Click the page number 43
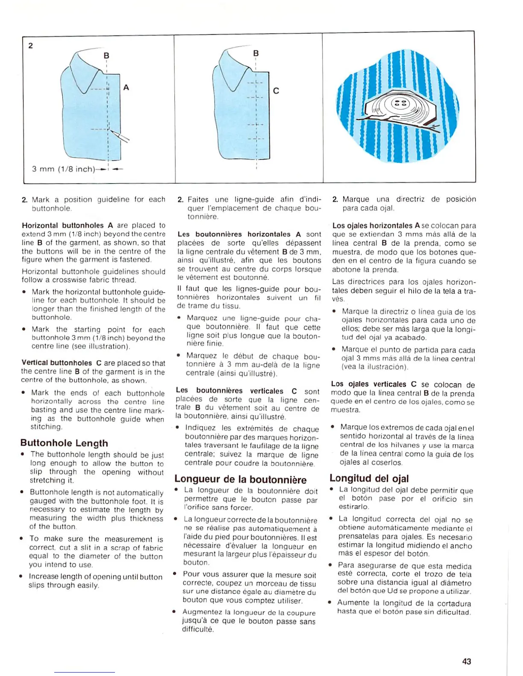tap(467, 661)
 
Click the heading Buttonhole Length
tap(64, 443)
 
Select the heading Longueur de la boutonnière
tap(240, 479)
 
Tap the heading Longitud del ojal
tap(369, 478)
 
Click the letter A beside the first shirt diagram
tap(126, 87)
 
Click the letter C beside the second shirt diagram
tap(276, 91)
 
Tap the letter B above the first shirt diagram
tap(106, 55)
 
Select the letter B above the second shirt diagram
tap(256, 53)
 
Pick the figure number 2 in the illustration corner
tap(30, 46)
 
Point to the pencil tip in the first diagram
tap(111, 131)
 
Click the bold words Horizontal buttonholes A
tap(68, 225)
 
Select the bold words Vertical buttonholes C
tap(62, 363)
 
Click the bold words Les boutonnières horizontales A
tap(239, 234)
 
